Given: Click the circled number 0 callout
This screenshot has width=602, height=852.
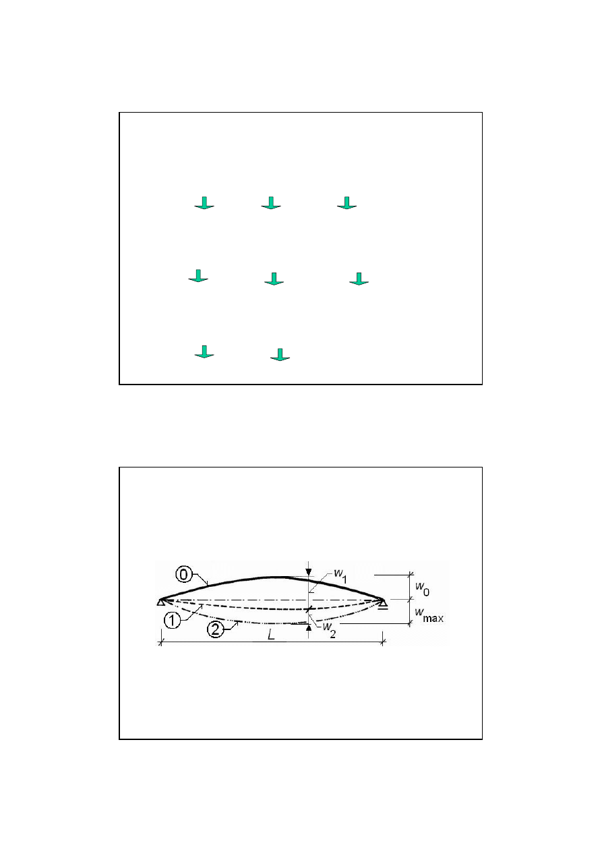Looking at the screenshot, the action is click(x=183, y=574).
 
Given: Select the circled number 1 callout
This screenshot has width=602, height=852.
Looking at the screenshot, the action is click(x=172, y=621).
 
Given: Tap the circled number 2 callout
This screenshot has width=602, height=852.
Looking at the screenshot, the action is click(x=215, y=630).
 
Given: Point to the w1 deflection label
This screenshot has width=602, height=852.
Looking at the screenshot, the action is click(x=340, y=576).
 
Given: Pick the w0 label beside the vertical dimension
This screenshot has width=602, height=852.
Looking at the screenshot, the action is click(x=422, y=589).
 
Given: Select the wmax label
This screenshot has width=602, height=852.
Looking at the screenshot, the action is click(x=429, y=615).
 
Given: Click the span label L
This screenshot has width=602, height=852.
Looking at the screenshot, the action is click(x=271, y=635).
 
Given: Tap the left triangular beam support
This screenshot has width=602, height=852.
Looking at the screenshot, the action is click(x=160, y=602).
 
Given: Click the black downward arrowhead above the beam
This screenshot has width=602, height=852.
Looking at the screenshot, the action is click(x=309, y=571).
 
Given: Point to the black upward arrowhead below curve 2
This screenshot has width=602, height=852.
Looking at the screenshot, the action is click(x=309, y=628).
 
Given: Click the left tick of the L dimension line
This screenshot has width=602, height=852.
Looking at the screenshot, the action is click(x=161, y=642).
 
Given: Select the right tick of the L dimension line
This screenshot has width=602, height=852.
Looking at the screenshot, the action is click(x=383, y=642).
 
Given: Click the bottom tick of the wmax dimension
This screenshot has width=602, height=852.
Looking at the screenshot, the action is click(x=410, y=623).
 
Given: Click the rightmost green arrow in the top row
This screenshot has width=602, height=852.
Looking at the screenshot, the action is click(x=347, y=203).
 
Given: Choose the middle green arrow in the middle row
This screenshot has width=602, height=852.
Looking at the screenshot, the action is click(x=274, y=279).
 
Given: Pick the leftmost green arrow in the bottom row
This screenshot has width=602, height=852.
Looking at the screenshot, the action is click(x=204, y=352).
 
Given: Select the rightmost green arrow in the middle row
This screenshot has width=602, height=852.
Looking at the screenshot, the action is click(x=359, y=279).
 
